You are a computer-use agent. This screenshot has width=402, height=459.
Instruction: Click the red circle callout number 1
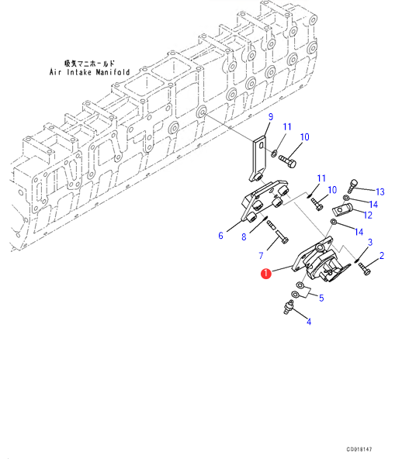[266, 274]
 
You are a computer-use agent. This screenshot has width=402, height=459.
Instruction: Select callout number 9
[271, 117]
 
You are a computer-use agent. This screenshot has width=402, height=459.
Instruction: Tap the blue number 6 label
[220, 236]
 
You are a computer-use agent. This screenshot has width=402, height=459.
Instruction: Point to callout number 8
[244, 236]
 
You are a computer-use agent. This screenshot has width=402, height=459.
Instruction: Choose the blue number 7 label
[261, 256]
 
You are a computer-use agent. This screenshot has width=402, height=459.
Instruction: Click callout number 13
[380, 192]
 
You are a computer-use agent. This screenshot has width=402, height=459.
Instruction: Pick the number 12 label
[368, 216]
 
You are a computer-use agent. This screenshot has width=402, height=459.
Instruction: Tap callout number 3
[370, 243]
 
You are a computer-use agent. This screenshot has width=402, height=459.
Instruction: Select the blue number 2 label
[382, 256]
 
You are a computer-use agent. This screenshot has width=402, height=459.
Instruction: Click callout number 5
[321, 298]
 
